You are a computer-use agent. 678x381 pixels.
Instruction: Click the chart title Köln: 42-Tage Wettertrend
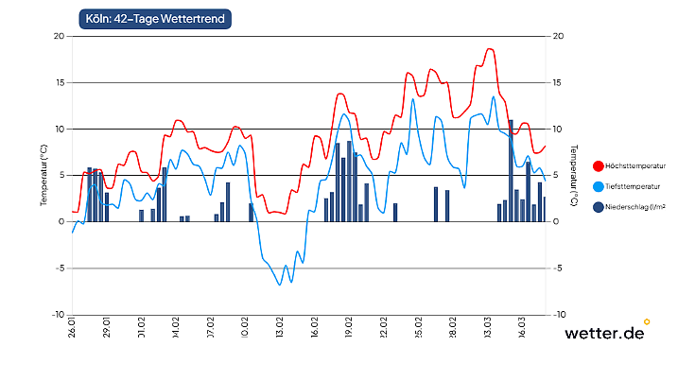pos(155,18)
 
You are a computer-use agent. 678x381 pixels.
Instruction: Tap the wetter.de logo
pos(604,333)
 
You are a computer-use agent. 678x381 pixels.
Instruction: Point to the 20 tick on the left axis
pos(58,36)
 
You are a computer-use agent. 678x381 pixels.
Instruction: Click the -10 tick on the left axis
pos(58,315)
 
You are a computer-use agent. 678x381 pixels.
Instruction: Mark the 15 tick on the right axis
pos(558,82)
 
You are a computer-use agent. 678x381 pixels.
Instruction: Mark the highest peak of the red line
pos(489,49)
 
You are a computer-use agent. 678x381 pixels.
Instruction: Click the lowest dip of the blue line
pos(280,285)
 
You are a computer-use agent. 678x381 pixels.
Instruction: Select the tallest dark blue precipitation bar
pos(511,171)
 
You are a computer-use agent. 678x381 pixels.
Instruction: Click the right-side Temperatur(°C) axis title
pos(573,176)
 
